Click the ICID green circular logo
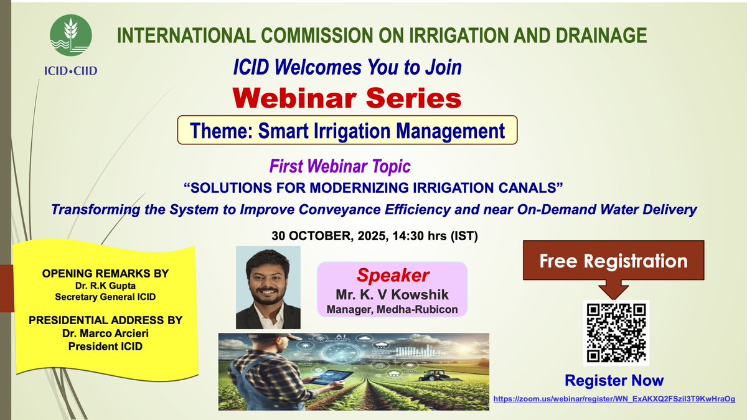71,35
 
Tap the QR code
616,332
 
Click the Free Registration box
613,261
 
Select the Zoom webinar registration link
614,398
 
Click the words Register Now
614,380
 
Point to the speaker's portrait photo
268,287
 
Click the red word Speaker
392,276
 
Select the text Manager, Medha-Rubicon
392,309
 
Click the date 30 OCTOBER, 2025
330,237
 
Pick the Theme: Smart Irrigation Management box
347,131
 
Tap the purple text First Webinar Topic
339,167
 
